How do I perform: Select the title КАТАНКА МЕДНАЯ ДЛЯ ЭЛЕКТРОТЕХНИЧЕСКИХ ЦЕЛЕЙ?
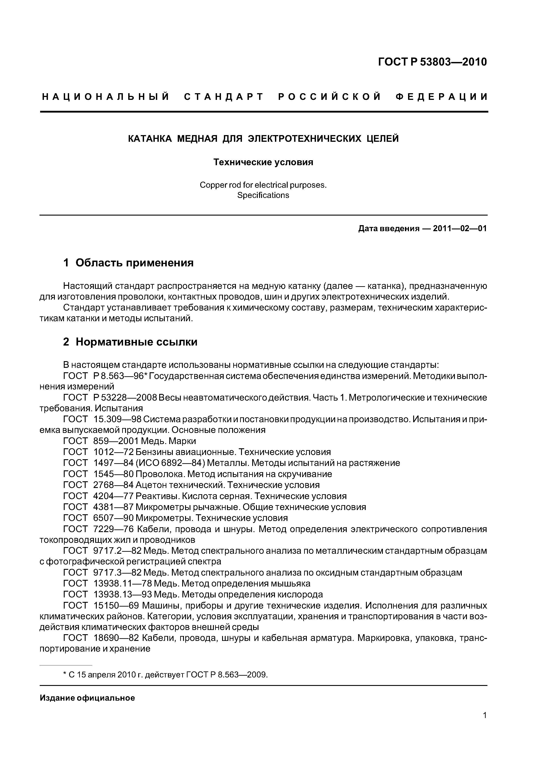[x=263, y=139]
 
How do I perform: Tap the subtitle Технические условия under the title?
[x=263, y=162]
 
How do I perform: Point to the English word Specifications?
[x=263, y=195]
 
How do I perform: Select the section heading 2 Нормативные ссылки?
[x=130, y=342]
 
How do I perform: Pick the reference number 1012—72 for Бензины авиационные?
[x=113, y=452]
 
